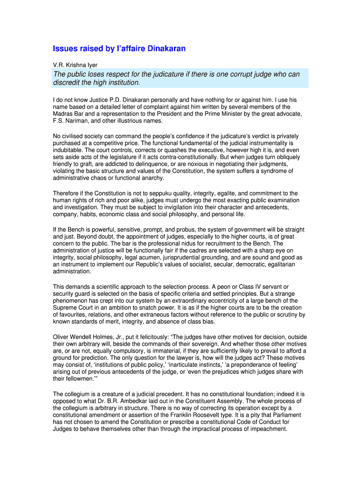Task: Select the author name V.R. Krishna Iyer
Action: [75, 65]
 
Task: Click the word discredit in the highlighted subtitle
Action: [67, 83]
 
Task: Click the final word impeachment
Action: [268, 428]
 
